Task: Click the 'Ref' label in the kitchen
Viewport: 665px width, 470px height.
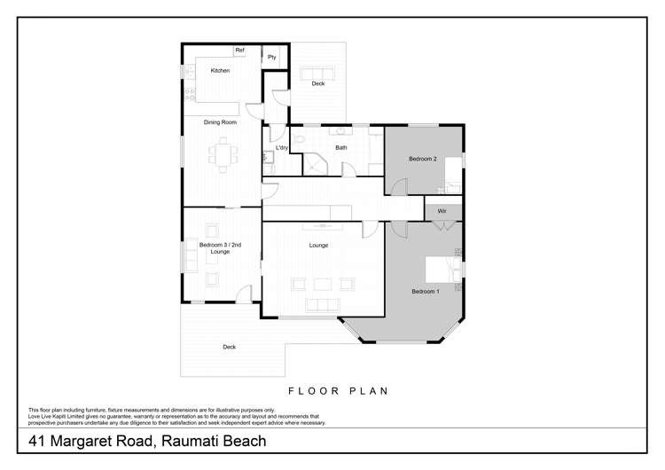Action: [x=239, y=51]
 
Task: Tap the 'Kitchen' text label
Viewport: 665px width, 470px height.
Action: [x=219, y=70]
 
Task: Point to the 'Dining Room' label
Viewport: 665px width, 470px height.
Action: [x=220, y=121]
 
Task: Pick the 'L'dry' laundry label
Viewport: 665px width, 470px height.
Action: [x=281, y=147]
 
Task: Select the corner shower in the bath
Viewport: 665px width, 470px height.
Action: [x=316, y=163]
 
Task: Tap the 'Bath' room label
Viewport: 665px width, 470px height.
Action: [x=340, y=147]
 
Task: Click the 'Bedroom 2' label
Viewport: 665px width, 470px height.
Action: [x=422, y=159]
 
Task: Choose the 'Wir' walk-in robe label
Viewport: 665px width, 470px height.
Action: [x=442, y=211]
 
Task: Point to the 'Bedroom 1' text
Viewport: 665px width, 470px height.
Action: [x=425, y=291]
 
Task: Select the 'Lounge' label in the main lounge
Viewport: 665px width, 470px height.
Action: [x=318, y=245]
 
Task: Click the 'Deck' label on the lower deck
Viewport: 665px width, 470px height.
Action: [x=229, y=347]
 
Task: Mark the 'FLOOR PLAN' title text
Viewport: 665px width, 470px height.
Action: [x=338, y=390]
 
